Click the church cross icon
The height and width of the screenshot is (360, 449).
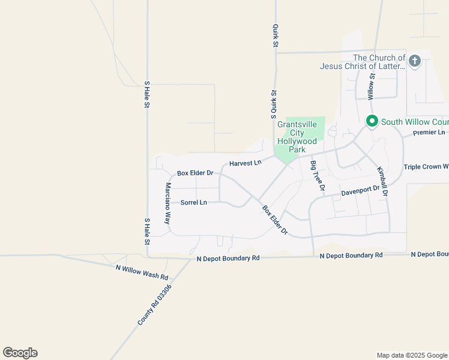pyautogui.click(x=415, y=61)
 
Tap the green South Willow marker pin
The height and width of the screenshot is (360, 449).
pyautogui.click(x=372, y=122)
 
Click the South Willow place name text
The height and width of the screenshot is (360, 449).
pyautogui.click(x=414, y=122)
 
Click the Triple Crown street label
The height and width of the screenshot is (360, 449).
pyautogui.click(x=426, y=167)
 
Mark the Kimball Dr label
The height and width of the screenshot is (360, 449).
pyautogui.click(x=383, y=182)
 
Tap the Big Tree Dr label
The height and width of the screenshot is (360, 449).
pyautogui.click(x=317, y=176)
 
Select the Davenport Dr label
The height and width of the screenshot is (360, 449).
pyautogui.click(x=360, y=191)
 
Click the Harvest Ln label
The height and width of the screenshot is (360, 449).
pyautogui.click(x=246, y=163)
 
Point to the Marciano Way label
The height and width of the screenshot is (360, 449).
pyautogui.click(x=169, y=203)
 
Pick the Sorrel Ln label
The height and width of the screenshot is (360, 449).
pyautogui.click(x=194, y=203)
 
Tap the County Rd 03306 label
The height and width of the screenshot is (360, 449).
pyautogui.click(x=154, y=305)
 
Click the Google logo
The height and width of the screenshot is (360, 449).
pyautogui.click(x=20, y=353)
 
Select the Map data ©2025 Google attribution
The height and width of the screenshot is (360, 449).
pyautogui.click(x=412, y=355)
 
